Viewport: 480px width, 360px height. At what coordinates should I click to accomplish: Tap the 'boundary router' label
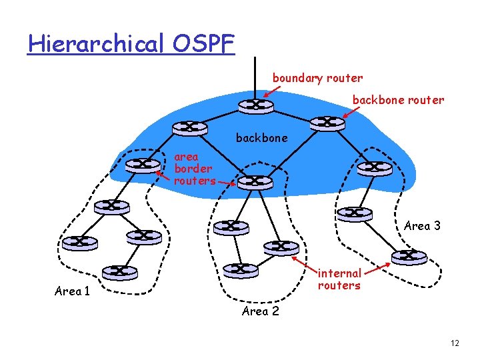click(317, 78)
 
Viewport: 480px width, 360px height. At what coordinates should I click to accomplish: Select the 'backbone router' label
click(398, 100)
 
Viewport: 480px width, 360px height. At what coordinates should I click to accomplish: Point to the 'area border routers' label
click(194, 169)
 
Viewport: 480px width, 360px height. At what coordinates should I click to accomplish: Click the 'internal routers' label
click(339, 279)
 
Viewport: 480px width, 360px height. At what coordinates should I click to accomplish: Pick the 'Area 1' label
click(72, 291)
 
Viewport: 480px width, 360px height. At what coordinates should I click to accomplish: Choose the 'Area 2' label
click(260, 311)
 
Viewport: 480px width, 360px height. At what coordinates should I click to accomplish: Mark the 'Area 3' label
click(422, 226)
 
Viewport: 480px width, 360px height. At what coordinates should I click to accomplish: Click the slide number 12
click(455, 343)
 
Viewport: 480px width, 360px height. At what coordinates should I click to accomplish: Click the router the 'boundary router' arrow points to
click(254, 105)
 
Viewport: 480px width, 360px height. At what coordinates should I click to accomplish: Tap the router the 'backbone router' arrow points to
click(327, 123)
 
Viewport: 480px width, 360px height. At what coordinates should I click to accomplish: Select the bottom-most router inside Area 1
click(119, 272)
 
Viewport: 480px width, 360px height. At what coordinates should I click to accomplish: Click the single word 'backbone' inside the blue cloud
click(262, 138)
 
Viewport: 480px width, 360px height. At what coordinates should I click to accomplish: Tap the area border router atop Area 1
click(143, 164)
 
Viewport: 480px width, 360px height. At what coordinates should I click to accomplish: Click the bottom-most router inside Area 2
click(239, 270)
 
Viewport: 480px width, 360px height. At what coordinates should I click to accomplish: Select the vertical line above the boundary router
click(254, 75)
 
